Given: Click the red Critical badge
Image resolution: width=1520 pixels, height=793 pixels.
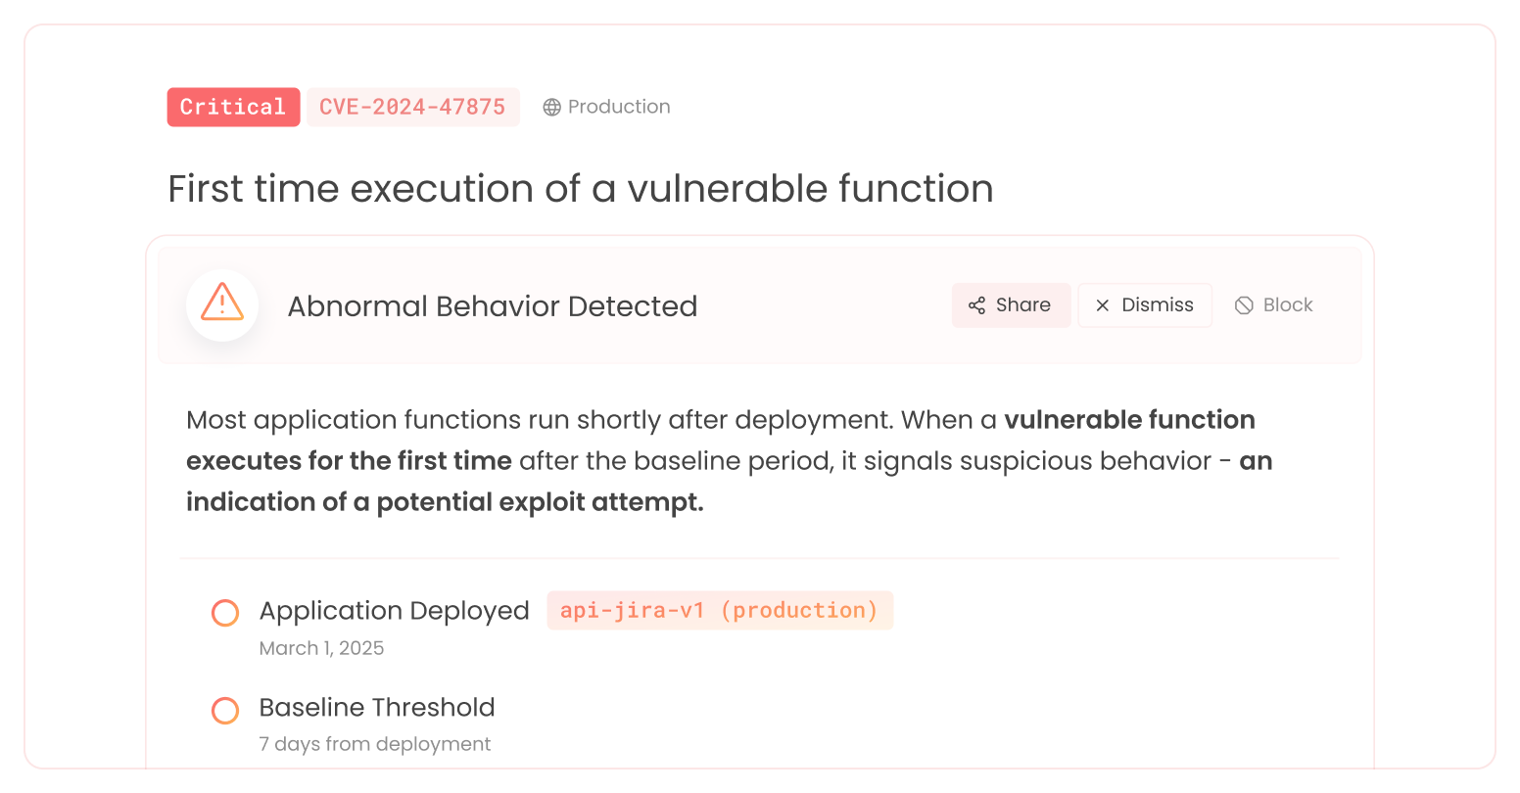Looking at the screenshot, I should (x=233, y=107).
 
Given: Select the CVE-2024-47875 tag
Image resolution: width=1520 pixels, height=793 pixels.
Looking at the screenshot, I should (x=412, y=107).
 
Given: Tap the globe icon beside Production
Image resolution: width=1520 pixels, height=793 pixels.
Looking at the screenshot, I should (x=552, y=107).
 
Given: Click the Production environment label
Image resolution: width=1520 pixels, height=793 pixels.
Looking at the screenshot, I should (x=619, y=107).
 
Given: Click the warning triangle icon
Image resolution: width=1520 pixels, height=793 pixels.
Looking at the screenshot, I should (x=222, y=304).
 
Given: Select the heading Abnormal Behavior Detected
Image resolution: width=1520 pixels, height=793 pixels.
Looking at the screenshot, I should (x=492, y=305).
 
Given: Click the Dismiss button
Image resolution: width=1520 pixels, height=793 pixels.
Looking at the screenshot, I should (x=1145, y=305).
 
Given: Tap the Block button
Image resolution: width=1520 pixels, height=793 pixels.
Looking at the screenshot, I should (x=1274, y=305).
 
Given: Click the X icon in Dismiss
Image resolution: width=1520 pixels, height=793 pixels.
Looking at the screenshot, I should (x=1103, y=305).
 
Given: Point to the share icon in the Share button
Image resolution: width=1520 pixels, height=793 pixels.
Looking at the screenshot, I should (x=976, y=305).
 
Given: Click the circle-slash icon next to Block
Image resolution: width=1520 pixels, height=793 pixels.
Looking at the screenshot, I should (x=1244, y=305).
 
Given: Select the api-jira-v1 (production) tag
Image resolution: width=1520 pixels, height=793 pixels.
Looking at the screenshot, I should (x=720, y=610).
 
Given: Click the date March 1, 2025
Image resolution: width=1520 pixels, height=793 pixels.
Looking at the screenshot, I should (x=321, y=648).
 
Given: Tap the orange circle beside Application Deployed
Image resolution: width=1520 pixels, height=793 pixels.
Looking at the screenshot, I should (x=225, y=613).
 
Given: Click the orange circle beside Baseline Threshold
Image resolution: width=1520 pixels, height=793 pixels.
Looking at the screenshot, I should (x=225, y=711).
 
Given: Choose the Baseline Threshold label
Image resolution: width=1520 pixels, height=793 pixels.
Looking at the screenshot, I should (x=377, y=707).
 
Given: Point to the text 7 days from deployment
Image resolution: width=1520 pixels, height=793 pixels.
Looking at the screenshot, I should (x=375, y=744).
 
